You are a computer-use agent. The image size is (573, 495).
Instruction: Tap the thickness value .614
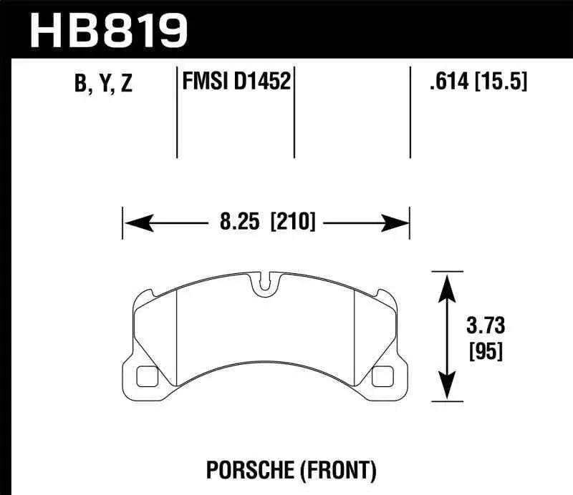[446, 82]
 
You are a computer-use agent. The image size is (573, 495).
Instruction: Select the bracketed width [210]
[292, 222]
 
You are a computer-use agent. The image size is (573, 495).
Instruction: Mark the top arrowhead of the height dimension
[447, 283]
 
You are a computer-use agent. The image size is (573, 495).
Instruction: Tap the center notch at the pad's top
[265, 284]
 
